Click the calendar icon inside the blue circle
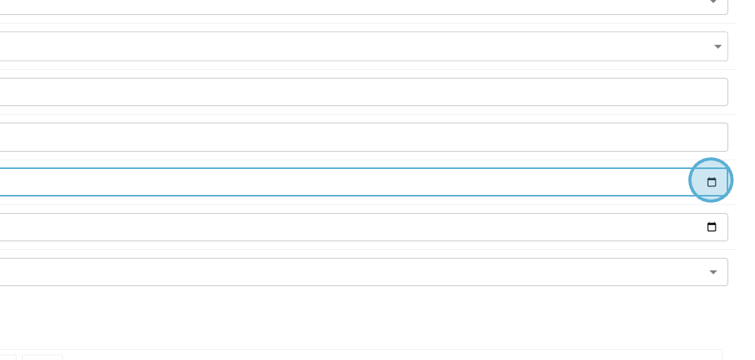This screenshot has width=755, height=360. (712, 182)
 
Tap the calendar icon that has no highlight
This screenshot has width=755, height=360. (712, 227)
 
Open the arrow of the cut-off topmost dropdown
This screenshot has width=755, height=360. (713, 2)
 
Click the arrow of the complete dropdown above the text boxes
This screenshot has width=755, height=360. (717, 47)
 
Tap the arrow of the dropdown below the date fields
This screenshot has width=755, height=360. (713, 273)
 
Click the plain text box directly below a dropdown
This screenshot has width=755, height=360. (354, 92)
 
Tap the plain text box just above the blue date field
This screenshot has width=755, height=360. (354, 137)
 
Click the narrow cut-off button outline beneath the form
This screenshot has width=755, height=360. (8, 357)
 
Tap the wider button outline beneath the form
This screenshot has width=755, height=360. (42, 357)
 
